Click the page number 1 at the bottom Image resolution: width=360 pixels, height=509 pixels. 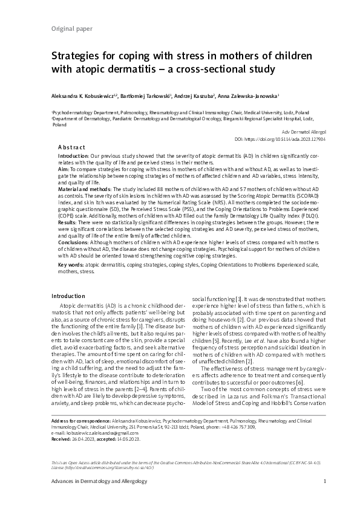point(325,481)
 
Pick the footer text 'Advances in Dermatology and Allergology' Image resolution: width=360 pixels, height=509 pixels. point(90,481)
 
